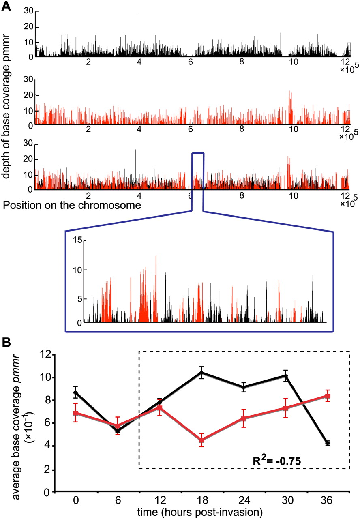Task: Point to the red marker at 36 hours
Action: (x=328, y=396)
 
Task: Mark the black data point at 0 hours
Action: (x=76, y=392)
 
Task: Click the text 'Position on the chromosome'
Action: (x=72, y=205)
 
